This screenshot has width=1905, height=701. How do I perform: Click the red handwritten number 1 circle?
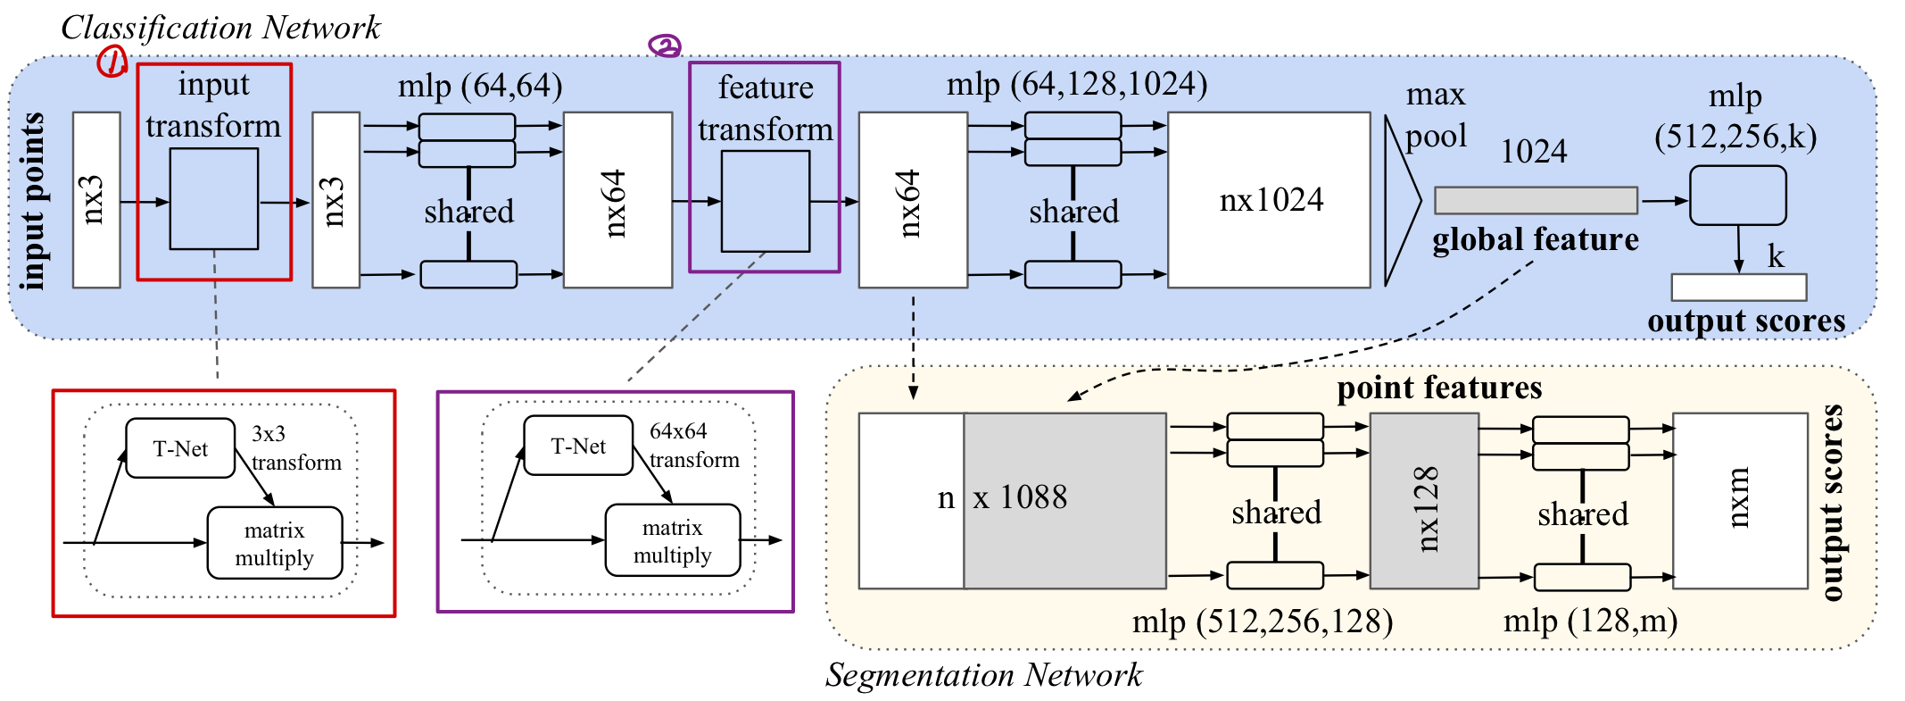pos(112,62)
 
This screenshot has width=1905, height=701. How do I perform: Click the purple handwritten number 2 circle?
pos(665,46)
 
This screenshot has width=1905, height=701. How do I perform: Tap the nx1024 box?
pos(1269,200)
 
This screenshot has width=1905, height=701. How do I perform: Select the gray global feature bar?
pos(1536,200)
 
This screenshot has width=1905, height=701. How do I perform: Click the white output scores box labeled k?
pos(1739,288)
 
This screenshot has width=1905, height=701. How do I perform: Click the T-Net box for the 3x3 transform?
pos(180,448)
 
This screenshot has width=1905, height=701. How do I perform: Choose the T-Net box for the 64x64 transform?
pos(578,446)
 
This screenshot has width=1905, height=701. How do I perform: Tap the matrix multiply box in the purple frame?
pos(673,540)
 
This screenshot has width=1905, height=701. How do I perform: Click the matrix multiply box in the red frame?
pos(275,543)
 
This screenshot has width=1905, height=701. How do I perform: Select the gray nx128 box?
pos(1424,501)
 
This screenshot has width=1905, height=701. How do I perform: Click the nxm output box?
pos(1740,501)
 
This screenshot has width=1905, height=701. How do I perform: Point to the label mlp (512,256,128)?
pos(1263,622)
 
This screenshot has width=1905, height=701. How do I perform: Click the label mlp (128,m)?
pos(1590,621)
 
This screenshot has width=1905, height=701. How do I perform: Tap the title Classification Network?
pos(220,28)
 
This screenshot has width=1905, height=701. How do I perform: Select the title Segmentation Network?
pos(983,675)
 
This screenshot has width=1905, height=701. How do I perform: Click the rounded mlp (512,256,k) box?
pos(1738,196)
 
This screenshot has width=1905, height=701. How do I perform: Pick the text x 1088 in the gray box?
pos(1020,497)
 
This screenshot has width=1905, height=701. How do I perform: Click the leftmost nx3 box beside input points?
pos(96,200)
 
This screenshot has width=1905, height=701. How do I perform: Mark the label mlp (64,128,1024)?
pos(1077,85)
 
